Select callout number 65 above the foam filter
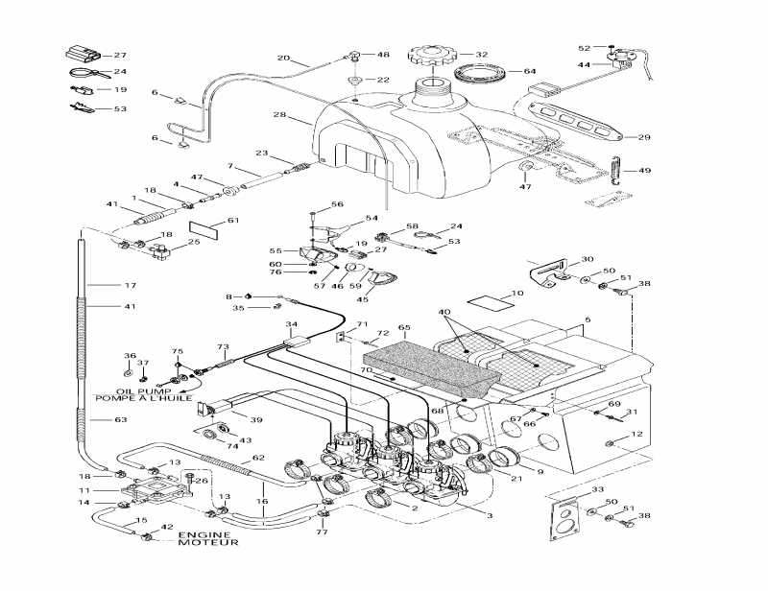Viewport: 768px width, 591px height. click(x=404, y=328)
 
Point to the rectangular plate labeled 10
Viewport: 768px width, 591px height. click(x=486, y=300)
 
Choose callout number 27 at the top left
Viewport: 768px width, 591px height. click(x=120, y=55)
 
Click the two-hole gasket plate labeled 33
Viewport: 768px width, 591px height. click(x=566, y=518)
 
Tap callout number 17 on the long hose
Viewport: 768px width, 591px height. click(x=131, y=285)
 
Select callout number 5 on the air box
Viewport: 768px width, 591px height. click(x=588, y=319)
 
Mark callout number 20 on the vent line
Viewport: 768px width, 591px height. click(x=283, y=59)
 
